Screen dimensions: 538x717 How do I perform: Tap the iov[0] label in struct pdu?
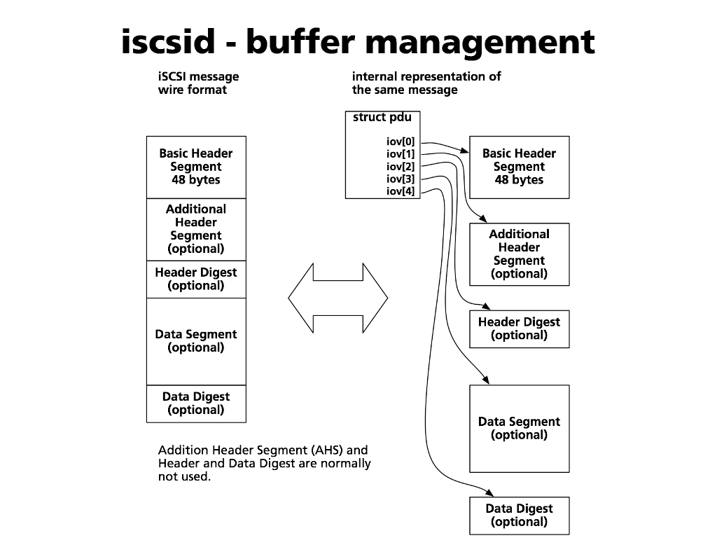(x=401, y=142)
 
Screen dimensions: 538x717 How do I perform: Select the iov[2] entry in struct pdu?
(x=401, y=166)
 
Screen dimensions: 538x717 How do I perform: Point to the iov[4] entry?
(x=401, y=191)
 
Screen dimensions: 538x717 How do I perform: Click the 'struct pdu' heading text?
(x=382, y=117)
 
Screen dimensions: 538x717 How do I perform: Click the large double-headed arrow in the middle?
(x=337, y=298)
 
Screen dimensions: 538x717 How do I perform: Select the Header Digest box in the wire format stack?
(x=196, y=279)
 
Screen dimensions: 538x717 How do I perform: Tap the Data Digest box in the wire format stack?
(x=196, y=403)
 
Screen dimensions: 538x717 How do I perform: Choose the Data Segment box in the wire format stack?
(x=196, y=341)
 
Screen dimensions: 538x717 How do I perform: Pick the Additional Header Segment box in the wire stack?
(x=196, y=229)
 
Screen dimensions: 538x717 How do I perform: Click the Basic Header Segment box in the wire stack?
(x=196, y=167)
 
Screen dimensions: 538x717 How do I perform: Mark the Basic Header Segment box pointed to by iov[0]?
(x=519, y=167)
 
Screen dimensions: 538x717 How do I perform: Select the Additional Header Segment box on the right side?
(x=519, y=254)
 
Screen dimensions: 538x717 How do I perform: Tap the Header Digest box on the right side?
(x=519, y=329)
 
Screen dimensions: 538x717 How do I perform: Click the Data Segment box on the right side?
(x=519, y=428)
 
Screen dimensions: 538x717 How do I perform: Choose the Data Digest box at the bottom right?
(x=519, y=516)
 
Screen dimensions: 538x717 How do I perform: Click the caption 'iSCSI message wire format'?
(x=198, y=83)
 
